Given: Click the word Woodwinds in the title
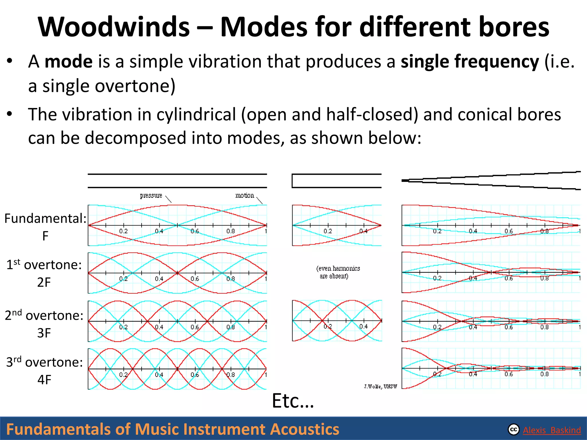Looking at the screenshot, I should pos(114,27).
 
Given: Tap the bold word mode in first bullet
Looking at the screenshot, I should pos(69,62).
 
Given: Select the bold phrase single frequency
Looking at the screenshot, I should pos(470,62).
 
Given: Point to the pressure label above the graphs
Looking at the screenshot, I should pos(151,196).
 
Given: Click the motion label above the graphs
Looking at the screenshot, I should pos(244,195).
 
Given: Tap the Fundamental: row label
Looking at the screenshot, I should pos(45,219).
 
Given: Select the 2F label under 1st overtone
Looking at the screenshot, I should pos(44,282).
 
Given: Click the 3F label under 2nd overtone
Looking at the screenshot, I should pos(44,333).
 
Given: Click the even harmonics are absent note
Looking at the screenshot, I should pos(338,272).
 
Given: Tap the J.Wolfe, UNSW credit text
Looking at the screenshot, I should pos(380,387).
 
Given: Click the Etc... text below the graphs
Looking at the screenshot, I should pos(293,401).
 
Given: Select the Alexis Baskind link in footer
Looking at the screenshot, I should pos(552,430).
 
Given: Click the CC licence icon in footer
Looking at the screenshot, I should pos(513,430).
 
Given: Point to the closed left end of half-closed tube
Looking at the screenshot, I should pos(292,181).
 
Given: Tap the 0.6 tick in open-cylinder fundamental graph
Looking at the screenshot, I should pos(195,231).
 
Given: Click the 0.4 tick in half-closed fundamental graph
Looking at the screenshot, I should pos(363,231).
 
